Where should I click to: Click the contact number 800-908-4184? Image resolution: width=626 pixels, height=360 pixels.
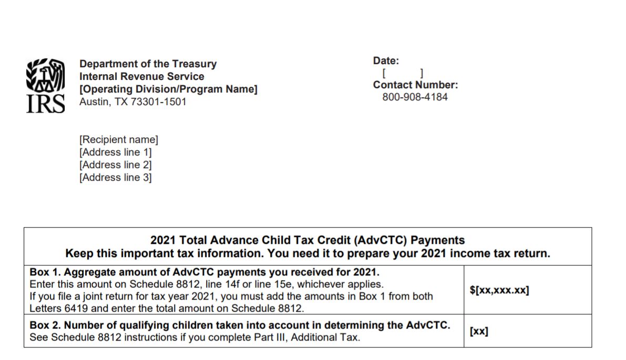pos(415,97)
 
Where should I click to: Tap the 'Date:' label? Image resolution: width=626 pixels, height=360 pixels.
pos(386,61)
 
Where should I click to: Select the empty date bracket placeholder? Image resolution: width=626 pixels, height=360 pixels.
pos(403,74)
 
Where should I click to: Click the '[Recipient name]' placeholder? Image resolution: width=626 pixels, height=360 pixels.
pos(118,140)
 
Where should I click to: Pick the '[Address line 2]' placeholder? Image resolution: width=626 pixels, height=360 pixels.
pos(115,165)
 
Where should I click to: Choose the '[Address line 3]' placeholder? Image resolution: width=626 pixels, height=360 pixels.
pos(115,178)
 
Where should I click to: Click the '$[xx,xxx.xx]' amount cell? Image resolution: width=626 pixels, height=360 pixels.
pos(499,291)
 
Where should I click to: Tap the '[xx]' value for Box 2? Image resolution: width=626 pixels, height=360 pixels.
pos(479,332)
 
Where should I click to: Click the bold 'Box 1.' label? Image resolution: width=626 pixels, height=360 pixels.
pos(44,273)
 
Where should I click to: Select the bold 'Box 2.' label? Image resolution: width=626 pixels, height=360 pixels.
pos(44,325)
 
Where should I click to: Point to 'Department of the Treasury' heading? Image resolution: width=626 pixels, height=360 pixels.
pos(148,64)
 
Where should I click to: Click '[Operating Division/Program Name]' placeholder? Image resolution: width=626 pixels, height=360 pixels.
pos(168,89)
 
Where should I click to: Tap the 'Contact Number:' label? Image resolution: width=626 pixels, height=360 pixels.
pos(415,85)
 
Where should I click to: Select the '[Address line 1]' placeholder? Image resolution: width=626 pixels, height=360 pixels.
pos(115,152)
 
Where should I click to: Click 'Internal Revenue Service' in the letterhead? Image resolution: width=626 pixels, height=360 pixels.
pos(141,77)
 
